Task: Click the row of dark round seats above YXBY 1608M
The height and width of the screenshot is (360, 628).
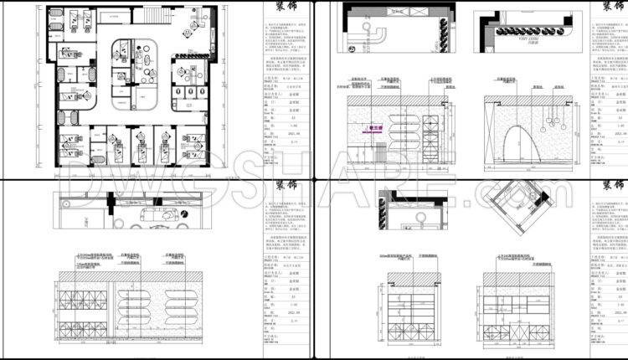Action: pyautogui.click(x=507, y=26)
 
